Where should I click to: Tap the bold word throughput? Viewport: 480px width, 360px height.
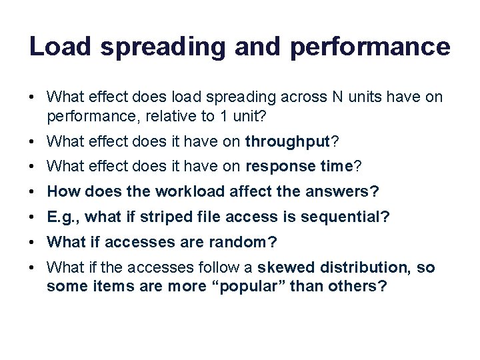tap(288, 141)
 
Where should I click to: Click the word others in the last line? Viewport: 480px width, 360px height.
tap(360, 286)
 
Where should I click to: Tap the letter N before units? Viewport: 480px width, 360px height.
tap(338, 98)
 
